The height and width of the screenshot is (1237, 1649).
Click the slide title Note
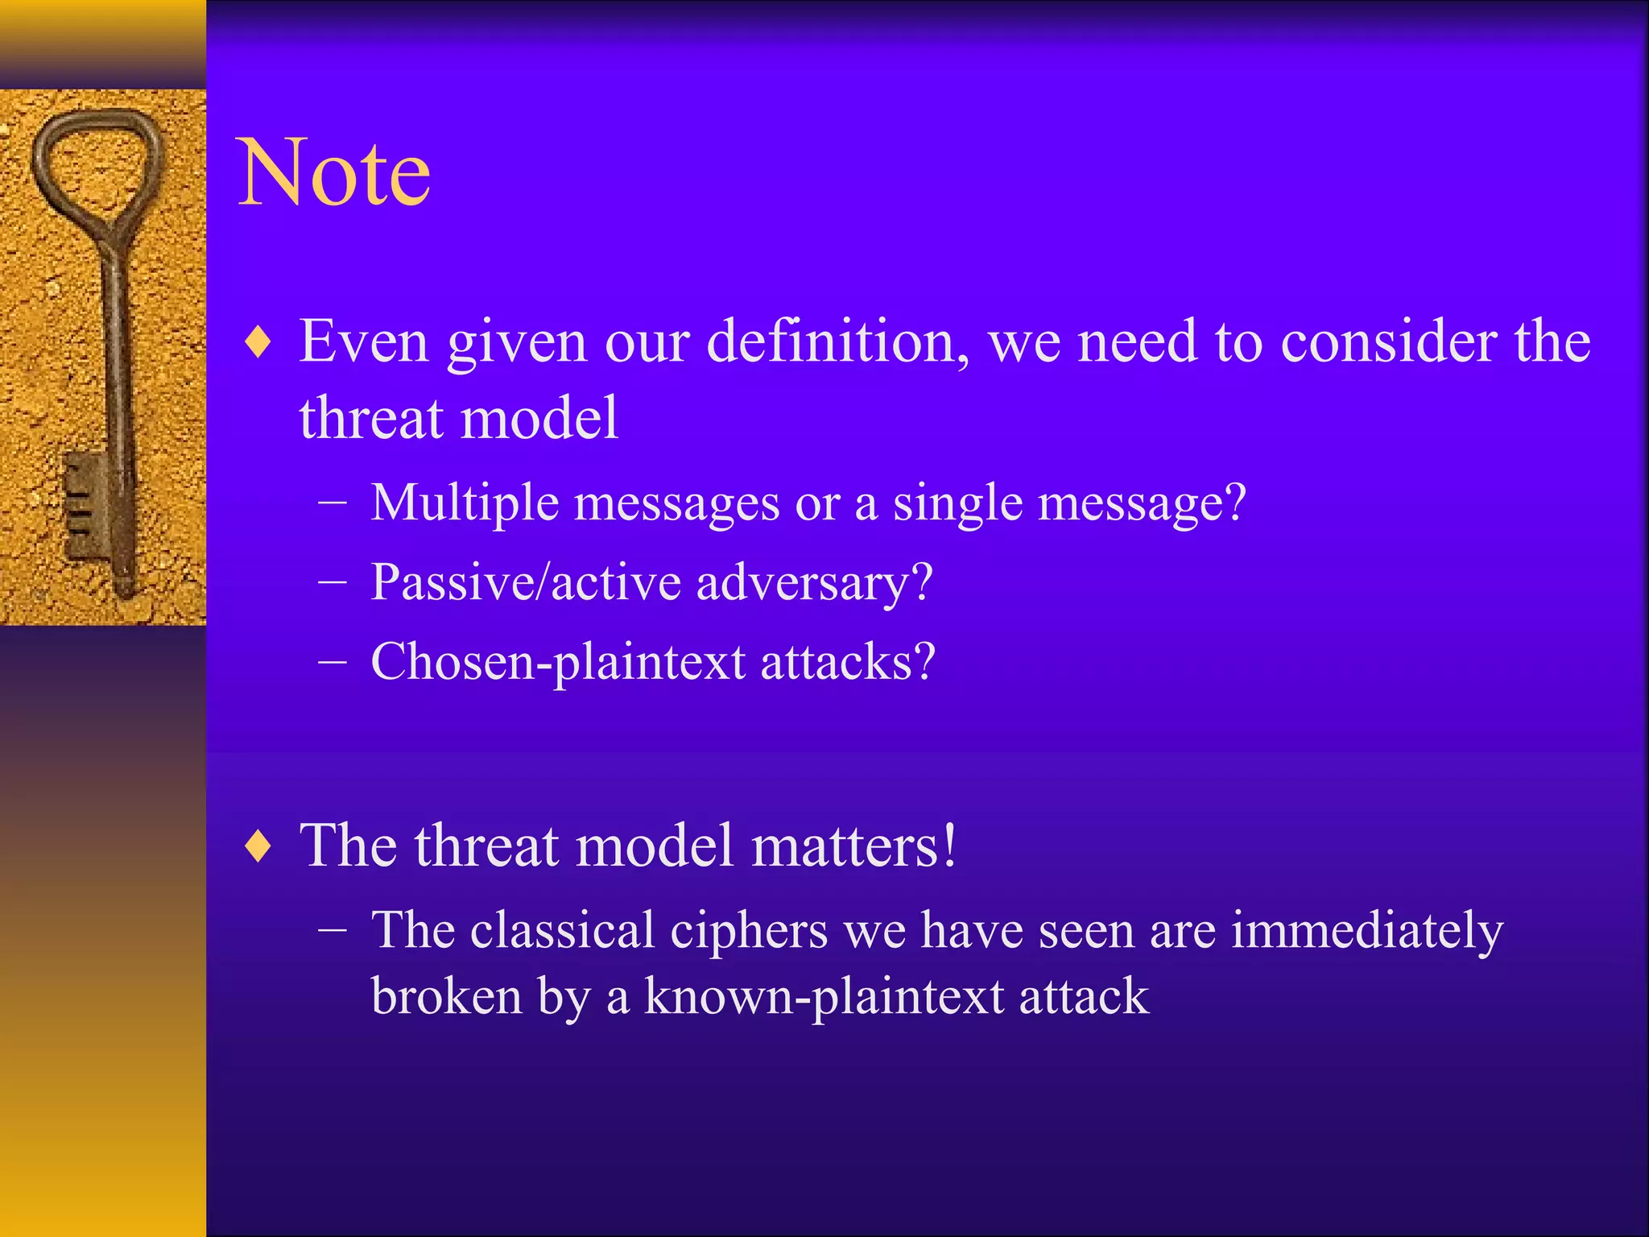[x=334, y=173]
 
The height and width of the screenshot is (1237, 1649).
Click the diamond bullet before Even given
[x=258, y=343]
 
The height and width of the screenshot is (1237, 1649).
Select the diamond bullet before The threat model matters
[x=258, y=847]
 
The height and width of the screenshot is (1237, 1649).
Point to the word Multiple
[x=465, y=503]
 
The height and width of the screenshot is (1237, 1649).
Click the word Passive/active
[x=525, y=582]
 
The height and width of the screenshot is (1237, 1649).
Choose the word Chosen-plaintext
[x=557, y=663]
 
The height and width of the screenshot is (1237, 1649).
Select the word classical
[x=562, y=931]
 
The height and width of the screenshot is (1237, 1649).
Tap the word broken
[x=447, y=997]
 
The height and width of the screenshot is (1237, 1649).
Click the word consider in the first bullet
[x=1388, y=342]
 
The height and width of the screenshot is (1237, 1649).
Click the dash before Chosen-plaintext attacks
[x=333, y=662]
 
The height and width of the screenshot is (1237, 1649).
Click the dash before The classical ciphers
[x=333, y=930]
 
